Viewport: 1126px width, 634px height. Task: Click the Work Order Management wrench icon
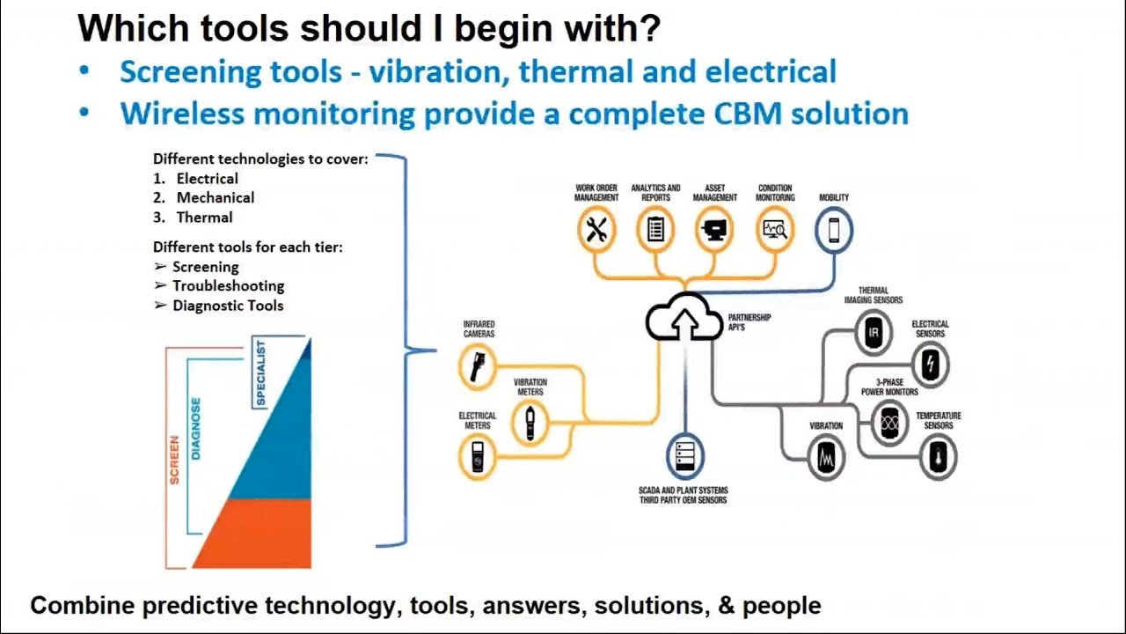[x=596, y=230]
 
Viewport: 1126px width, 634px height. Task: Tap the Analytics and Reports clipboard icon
[x=655, y=230]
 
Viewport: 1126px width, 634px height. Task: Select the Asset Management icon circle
[x=714, y=230]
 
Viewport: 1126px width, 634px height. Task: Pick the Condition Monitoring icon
[x=775, y=230]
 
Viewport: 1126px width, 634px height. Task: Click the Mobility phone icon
[x=833, y=230]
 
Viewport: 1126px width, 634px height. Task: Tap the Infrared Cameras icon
[x=478, y=365]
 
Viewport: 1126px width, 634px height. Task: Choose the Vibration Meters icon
[x=530, y=423]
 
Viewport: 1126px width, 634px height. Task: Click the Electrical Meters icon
[x=478, y=457]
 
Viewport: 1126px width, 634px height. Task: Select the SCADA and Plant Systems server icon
[x=684, y=456]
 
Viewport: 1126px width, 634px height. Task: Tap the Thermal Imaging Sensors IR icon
[x=874, y=333]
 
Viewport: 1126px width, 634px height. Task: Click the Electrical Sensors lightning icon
[x=930, y=365]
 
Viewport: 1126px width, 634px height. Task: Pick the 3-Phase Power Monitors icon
[x=889, y=423]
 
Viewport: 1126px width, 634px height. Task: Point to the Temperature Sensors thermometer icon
[x=938, y=456]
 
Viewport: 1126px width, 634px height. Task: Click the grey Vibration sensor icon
[x=826, y=457]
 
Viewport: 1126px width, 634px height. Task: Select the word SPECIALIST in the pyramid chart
[x=260, y=373]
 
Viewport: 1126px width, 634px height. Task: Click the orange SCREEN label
[x=174, y=460]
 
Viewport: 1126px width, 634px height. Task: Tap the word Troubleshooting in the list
[x=228, y=286]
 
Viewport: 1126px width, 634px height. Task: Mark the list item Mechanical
[x=216, y=198]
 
